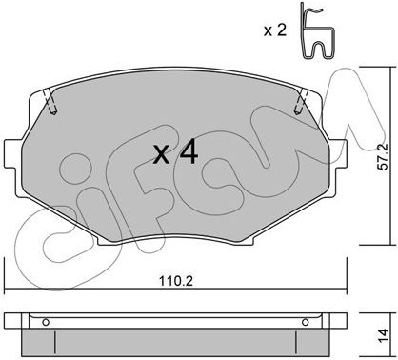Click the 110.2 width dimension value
[x=176, y=281]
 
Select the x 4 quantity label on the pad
[x=175, y=153]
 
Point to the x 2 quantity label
[x=275, y=30]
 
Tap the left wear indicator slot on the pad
[x=50, y=102]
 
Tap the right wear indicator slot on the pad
[x=302, y=102]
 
